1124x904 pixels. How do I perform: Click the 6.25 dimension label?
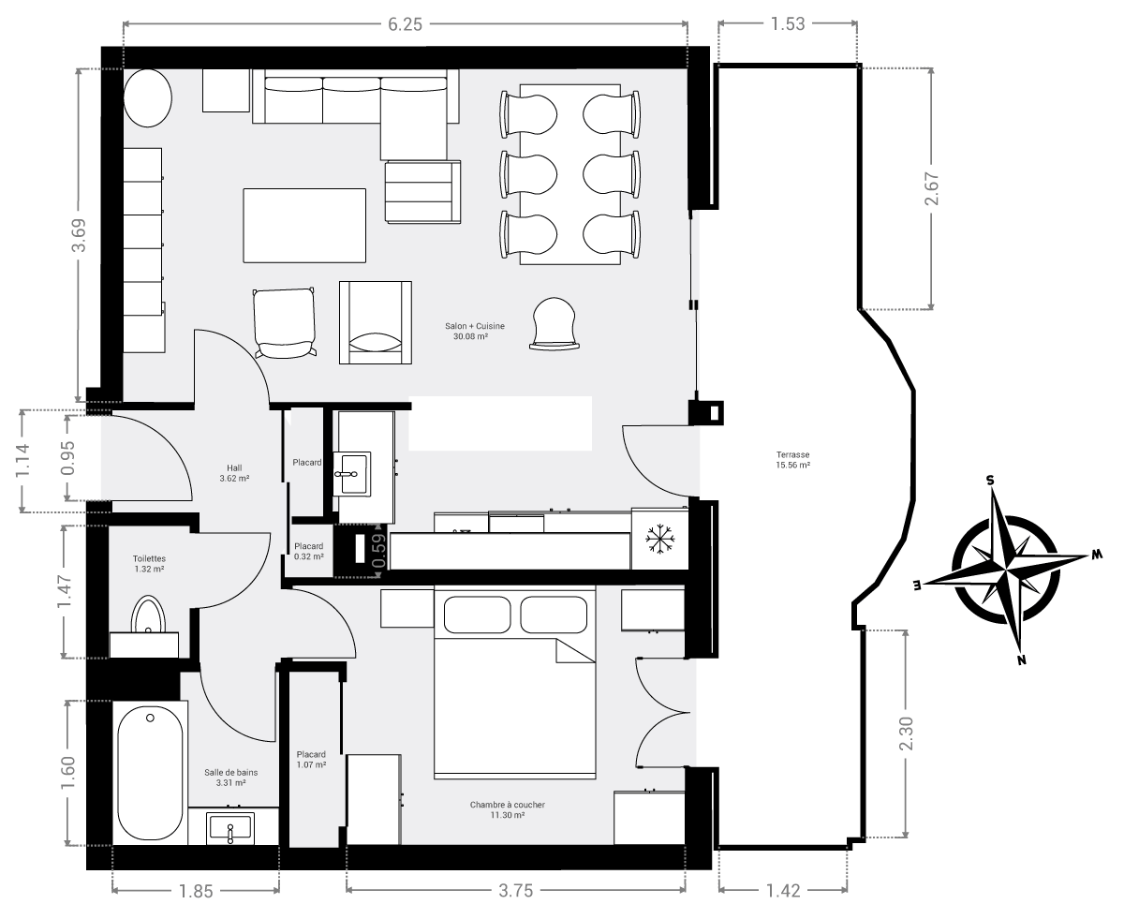point(405,24)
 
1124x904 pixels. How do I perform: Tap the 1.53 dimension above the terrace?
point(788,24)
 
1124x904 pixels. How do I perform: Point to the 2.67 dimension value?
point(932,188)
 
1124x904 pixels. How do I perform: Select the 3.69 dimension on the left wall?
point(79,235)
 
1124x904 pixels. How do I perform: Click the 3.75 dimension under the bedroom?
point(516,890)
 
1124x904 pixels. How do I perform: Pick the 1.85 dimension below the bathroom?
point(196,890)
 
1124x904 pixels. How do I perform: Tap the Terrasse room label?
point(792,454)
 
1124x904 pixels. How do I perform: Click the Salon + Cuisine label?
point(475,326)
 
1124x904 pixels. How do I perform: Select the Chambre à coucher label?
point(507,805)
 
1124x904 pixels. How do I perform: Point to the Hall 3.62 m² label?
point(234,473)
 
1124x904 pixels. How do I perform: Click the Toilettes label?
point(149,558)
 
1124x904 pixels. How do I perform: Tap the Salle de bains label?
point(230,772)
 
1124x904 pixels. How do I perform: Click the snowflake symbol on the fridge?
point(660,540)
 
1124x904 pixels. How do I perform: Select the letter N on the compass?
point(1022,660)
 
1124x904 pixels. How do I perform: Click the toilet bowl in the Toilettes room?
point(148,615)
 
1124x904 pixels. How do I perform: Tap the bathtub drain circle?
point(151,718)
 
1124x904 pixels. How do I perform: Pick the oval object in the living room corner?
point(148,98)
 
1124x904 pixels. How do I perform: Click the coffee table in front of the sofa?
point(304,226)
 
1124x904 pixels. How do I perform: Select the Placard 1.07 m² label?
point(311,759)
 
